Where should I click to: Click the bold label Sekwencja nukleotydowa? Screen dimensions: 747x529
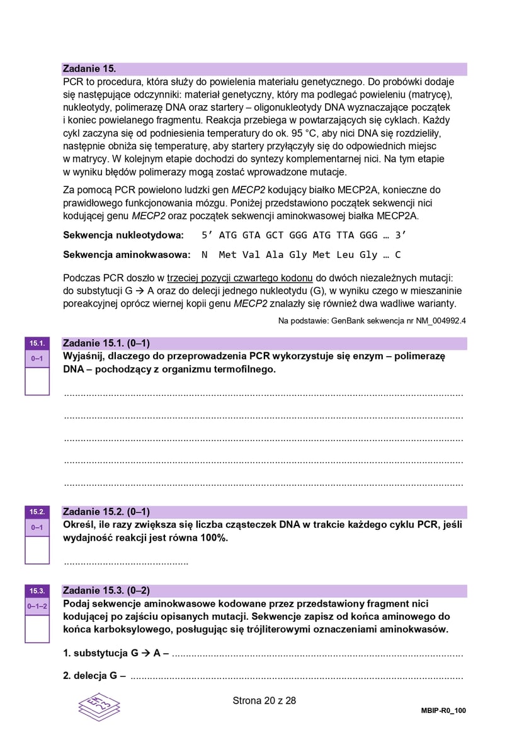pyautogui.click(x=123, y=235)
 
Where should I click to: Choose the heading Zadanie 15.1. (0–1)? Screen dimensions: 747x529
pyautogui.click(x=106, y=344)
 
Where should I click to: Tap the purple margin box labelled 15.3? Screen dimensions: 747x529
pyautogui.click(x=37, y=590)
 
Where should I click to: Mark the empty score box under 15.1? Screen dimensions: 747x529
pyautogui.click(x=37, y=381)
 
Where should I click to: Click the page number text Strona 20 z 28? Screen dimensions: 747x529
pyautogui.click(x=264, y=700)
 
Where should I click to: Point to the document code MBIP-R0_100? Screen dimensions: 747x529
pyautogui.click(x=443, y=710)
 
